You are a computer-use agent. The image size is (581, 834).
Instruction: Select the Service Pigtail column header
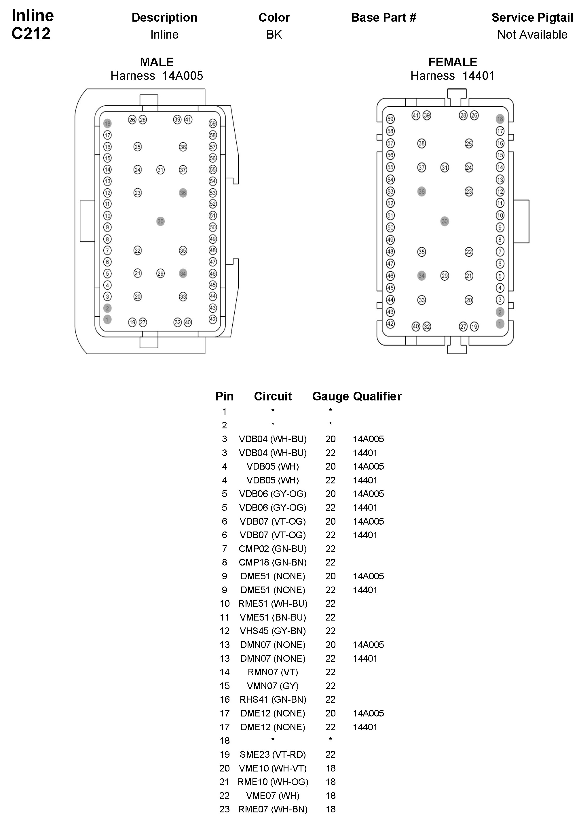[532, 18]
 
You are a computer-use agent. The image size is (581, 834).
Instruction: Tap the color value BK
[274, 35]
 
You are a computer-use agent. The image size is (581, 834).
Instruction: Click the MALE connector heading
[157, 62]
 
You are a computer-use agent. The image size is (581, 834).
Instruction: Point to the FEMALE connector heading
[453, 62]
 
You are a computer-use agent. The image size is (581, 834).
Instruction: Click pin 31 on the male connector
[160, 170]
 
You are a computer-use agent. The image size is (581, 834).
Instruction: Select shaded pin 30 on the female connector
[445, 221]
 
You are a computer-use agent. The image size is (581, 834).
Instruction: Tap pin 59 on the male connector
[213, 124]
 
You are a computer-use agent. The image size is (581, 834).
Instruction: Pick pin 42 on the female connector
[390, 324]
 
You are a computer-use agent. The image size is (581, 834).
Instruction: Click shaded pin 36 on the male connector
[183, 193]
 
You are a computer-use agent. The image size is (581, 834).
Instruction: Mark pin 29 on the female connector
[445, 276]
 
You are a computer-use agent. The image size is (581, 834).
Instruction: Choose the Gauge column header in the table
[330, 396]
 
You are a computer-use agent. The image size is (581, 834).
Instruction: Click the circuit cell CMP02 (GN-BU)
[272, 549]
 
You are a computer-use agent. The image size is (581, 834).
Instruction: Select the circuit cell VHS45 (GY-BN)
[272, 631]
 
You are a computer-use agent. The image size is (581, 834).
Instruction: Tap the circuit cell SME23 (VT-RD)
[272, 754]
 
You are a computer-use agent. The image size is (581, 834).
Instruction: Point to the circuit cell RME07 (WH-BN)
[272, 809]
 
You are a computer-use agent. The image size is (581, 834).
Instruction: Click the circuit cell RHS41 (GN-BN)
[272, 699]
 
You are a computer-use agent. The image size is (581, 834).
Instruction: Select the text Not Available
[532, 35]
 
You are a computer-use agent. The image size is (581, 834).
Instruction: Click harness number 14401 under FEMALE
[478, 76]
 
